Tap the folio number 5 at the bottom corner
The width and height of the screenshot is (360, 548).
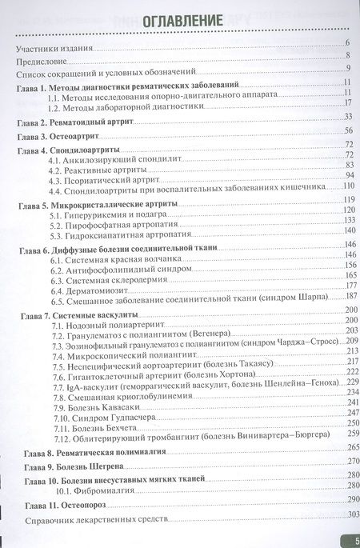pyautogui.click(x=354, y=540)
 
